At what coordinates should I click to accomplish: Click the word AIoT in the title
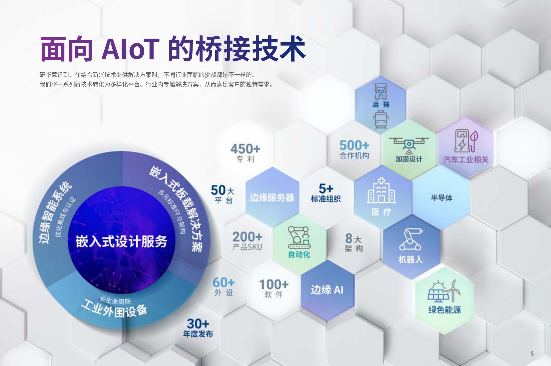tap(130, 49)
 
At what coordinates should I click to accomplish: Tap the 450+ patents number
tap(245, 149)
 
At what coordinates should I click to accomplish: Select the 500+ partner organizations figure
tap(354, 145)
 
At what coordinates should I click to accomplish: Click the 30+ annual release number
tap(198, 324)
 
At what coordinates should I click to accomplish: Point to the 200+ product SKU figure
tap(247, 237)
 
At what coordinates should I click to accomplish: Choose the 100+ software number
tap(274, 284)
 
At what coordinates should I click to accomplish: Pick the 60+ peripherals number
tap(224, 282)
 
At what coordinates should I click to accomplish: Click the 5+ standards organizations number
tap(326, 188)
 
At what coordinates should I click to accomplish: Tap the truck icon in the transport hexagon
tap(381, 91)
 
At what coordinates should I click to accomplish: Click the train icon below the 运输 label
tap(381, 120)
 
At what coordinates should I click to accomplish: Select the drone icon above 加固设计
tap(409, 144)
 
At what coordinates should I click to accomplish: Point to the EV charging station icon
tap(466, 141)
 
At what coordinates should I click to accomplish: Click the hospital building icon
tap(381, 190)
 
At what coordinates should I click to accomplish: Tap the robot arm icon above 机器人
tap(410, 239)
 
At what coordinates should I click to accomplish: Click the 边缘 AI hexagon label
tap(327, 290)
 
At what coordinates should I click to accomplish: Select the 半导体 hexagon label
tap(441, 198)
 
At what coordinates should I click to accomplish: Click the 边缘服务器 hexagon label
tap(272, 197)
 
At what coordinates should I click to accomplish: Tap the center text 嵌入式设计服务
tap(121, 241)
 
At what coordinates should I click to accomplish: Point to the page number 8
tap(532, 354)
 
